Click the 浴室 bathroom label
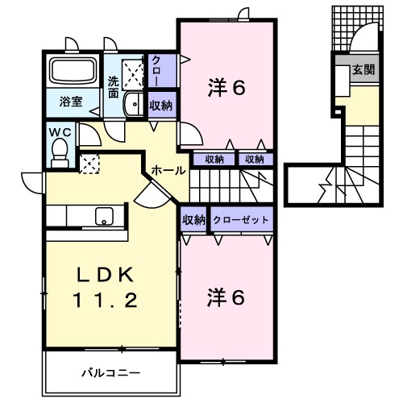(x=71, y=102)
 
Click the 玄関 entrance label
(x=362, y=70)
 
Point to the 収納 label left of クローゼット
(x=193, y=218)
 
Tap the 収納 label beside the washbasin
(x=160, y=105)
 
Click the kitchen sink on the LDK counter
(x=103, y=216)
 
